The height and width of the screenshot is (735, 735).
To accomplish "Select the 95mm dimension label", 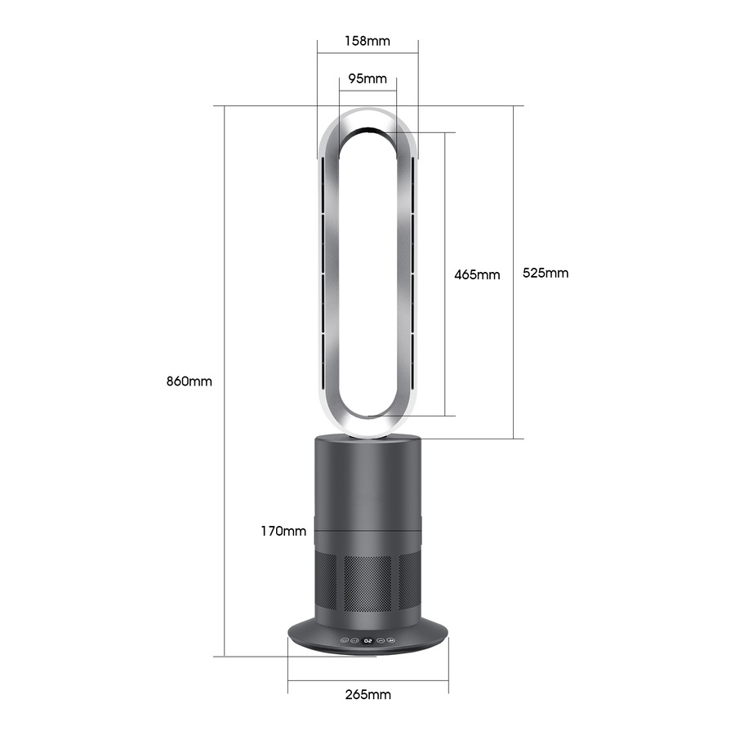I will tap(367, 79).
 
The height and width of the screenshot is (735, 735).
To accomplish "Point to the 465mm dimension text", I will tap(477, 274).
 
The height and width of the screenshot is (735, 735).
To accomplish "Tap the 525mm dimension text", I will tap(546, 273).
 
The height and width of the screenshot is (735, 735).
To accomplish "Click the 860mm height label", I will tap(189, 381).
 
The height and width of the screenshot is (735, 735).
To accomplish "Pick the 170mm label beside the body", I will tap(283, 531).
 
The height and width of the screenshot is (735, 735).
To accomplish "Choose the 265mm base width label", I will tap(367, 695).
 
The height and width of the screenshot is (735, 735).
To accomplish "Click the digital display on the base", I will tap(368, 641).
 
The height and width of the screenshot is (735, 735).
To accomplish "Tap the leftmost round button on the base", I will tap(344, 641).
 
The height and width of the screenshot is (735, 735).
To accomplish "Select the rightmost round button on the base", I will tap(393, 641).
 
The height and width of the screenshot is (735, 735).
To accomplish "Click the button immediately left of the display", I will tap(355, 641).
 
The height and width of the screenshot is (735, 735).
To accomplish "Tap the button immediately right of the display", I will tap(381, 641).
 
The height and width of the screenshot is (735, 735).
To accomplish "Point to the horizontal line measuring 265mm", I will tap(367, 679).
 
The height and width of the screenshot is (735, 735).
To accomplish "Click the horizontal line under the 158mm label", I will tap(367, 54).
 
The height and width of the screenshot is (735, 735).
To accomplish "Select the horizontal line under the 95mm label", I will tap(367, 91).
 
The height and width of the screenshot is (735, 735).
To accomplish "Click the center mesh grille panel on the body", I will tap(367, 584).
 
